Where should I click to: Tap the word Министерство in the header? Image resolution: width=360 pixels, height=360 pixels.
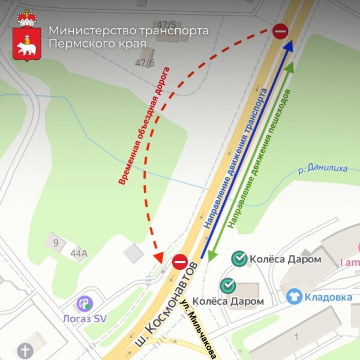90,31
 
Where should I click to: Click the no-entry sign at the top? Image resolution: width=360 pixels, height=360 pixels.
281,31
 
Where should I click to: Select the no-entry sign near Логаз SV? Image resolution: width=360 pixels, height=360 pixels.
180,262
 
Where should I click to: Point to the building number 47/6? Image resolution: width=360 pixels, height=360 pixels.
145,62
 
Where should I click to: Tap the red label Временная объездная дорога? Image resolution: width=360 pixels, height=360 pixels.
144,126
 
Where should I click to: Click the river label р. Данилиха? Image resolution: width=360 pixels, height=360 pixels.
323,169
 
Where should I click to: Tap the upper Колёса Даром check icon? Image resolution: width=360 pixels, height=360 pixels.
239,259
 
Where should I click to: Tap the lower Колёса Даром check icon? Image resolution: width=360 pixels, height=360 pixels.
227,286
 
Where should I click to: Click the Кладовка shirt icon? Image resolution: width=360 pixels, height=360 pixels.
293,296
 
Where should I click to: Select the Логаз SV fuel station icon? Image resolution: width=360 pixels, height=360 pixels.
85,304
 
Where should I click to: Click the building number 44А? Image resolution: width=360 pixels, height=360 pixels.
79,254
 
